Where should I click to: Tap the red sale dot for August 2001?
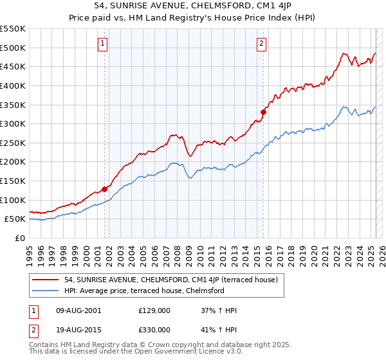104,189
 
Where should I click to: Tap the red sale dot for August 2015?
263,112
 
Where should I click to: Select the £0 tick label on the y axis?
21,238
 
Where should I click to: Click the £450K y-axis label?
13,66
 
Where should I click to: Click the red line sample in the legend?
45,280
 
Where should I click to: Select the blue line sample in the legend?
45,291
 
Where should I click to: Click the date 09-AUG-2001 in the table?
78,310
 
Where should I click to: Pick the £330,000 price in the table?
154,330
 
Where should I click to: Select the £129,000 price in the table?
154,310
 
